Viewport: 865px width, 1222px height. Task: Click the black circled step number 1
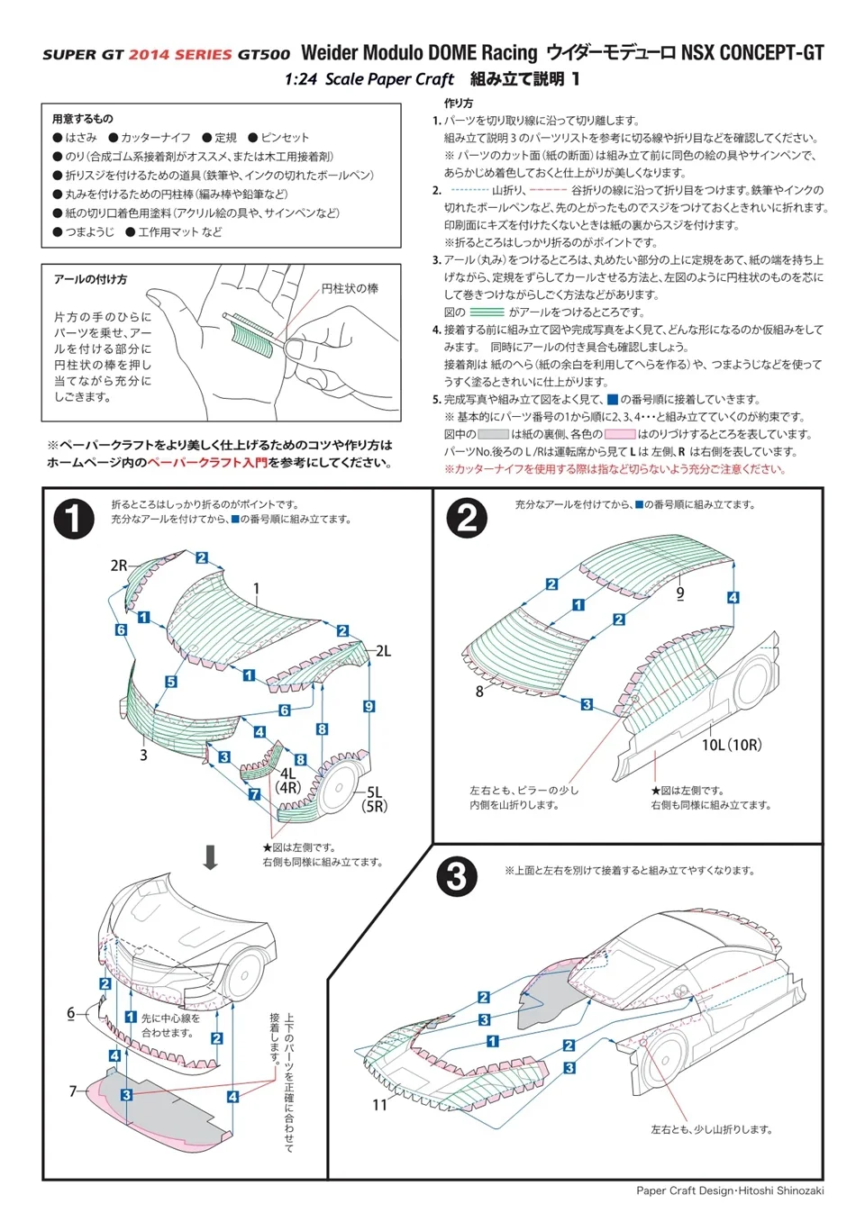(x=74, y=519)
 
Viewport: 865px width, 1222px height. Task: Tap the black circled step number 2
(x=467, y=518)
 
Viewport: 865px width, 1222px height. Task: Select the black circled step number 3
(x=457, y=875)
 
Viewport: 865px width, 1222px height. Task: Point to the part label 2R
(x=119, y=566)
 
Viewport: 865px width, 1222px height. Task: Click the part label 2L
(x=383, y=651)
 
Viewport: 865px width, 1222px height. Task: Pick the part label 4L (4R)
(x=287, y=780)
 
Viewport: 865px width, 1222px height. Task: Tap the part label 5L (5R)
(x=374, y=800)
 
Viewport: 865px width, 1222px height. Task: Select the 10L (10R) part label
(x=731, y=745)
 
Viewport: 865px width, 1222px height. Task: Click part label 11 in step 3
(x=379, y=1104)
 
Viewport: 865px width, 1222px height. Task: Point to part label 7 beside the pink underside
(x=73, y=1091)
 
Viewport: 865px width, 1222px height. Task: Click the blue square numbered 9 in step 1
(x=369, y=706)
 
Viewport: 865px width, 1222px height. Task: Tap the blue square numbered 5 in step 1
(x=170, y=682)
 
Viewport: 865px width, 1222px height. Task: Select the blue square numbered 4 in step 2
(x=733, y=597)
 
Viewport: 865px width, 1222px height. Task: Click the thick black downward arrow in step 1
(x=210, y=856)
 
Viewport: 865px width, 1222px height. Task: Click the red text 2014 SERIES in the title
(x=180, y=55)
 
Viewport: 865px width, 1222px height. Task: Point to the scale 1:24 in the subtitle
(x=301, y=79)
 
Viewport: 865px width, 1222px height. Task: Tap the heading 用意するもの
(x=83, y=119)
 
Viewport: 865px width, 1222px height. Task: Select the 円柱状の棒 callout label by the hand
(x=350, y=288)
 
